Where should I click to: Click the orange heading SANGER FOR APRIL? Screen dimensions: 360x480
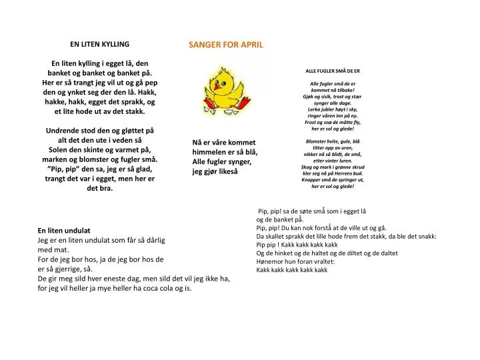(x=225, y=45)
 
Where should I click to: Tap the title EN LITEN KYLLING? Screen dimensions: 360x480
(x=100, y=44)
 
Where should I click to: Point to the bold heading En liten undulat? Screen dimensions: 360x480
(x=63, y=229)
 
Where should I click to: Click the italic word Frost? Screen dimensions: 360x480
(x=313, y=122)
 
